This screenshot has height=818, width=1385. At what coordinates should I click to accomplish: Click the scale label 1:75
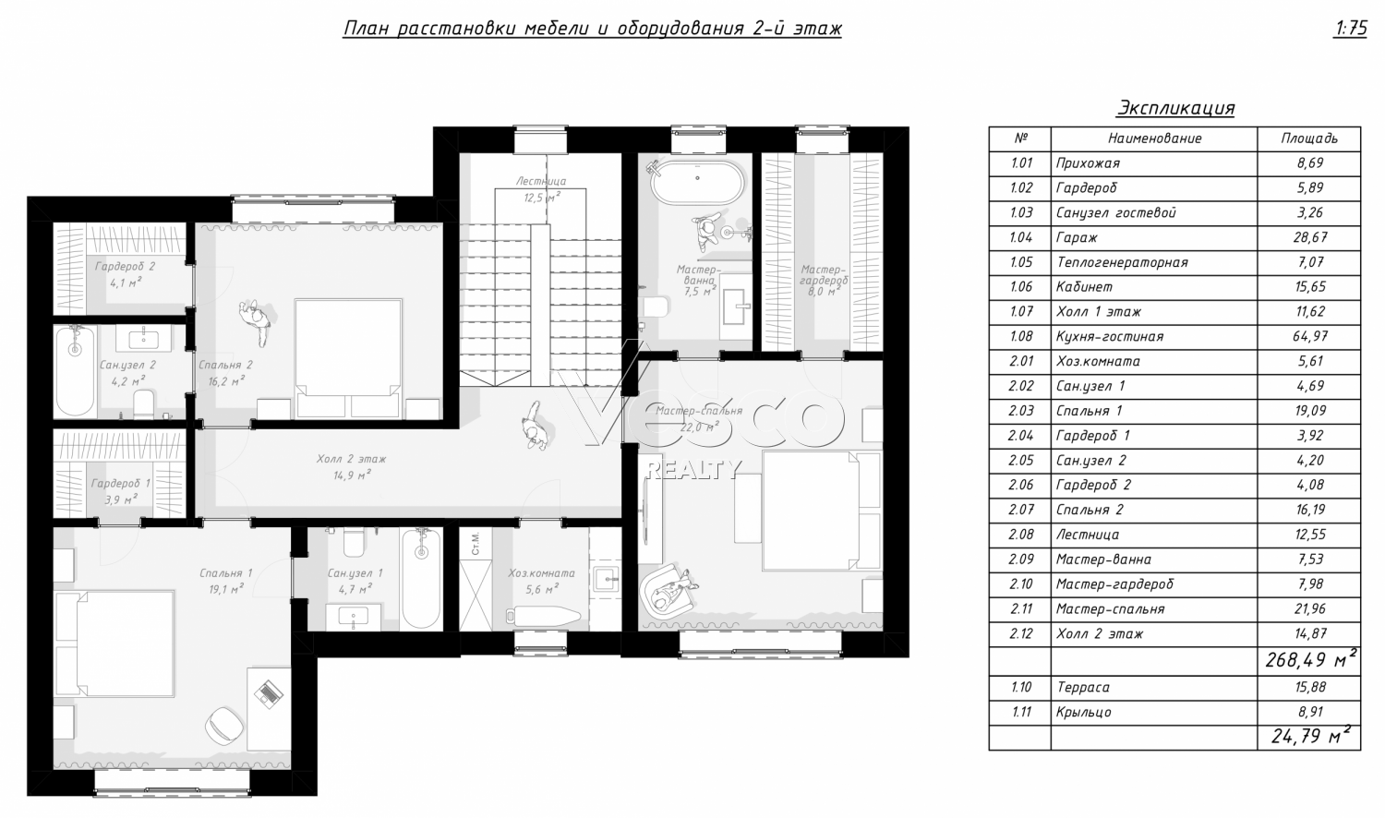point(1350,29)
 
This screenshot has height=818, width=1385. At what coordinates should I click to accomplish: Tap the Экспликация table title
point(1175,108)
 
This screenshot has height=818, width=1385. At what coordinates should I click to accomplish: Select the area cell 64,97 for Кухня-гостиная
point(1309,336)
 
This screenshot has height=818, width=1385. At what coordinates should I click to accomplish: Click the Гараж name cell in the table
point(1154,237)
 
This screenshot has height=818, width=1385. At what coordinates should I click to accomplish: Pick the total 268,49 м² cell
point(1309,660)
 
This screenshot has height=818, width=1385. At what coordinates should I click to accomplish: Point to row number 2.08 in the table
point(1020,535)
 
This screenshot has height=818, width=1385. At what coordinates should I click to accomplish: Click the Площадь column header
point(1309,138)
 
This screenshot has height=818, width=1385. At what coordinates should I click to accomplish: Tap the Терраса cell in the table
point(1154,688)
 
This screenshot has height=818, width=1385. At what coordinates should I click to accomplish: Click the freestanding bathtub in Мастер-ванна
point(697,182)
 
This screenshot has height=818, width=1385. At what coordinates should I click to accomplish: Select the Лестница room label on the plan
point(541,181)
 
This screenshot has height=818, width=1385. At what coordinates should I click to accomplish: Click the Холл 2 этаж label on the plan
point(351,459)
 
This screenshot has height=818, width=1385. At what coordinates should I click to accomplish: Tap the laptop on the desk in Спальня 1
point(269,692)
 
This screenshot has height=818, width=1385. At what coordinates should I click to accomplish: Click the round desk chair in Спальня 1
point(223,725)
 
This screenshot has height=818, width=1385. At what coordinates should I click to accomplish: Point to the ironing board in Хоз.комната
point(544,616)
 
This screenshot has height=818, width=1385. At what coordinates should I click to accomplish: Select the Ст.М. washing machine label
point(476,543)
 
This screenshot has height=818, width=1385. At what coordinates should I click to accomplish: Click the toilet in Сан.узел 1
point(355,542)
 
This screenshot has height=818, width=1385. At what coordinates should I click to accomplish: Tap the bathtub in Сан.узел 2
point(75,371)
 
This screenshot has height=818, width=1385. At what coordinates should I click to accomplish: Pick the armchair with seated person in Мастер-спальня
point(668,591)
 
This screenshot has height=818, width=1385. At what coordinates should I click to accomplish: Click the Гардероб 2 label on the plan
point(125,267)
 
